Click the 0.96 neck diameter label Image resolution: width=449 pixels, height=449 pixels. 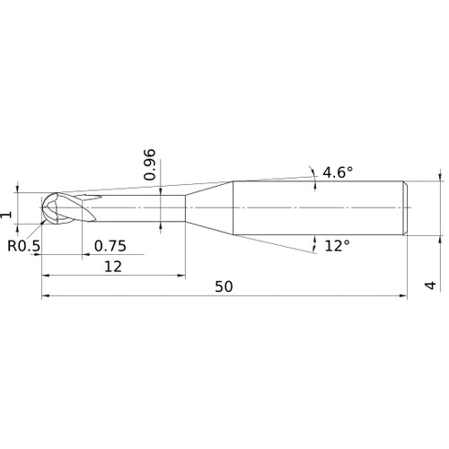150,164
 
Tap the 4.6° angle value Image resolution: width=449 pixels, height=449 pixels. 340,172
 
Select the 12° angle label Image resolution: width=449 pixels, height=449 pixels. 337,245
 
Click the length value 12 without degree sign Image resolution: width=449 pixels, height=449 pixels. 112,266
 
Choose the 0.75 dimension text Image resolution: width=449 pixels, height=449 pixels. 109,245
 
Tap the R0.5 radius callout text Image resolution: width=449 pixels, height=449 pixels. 24,245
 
